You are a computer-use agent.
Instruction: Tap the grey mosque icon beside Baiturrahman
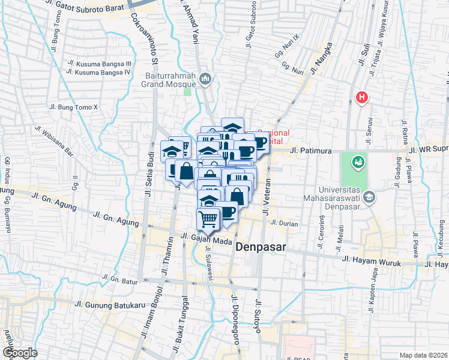point(206,78)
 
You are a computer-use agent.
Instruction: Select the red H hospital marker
point(361,97)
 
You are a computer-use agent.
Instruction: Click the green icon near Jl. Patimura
point(358,161)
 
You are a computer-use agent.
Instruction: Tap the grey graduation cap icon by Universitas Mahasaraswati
point(370,197)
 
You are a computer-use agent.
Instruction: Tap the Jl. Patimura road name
point(312,151)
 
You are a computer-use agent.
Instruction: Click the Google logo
point(20,352)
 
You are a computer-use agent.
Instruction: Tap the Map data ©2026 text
point(424,355)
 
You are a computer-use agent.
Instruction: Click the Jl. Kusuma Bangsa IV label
point(100,72)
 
